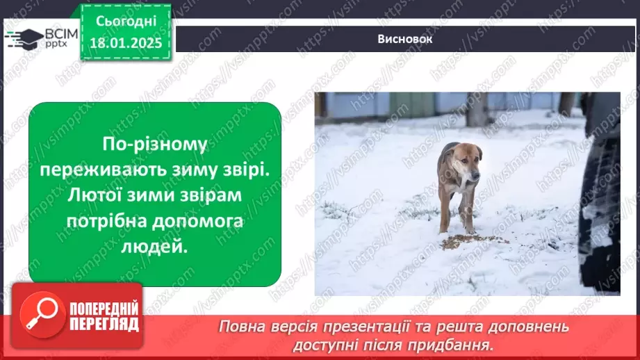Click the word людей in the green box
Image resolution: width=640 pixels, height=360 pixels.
click(x=154, y=247)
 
